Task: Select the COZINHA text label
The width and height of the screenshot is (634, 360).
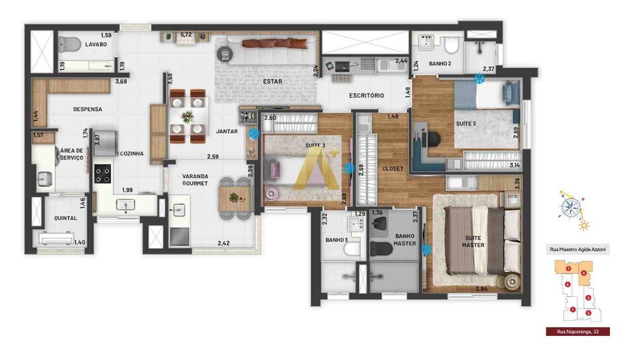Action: [131, 153]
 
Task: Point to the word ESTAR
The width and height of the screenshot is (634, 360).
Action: [273, 82]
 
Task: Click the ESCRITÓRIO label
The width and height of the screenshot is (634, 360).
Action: [366, 96]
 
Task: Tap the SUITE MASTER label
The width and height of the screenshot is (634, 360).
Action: [473, 241]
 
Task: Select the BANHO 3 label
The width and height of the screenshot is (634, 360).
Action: [335, 240]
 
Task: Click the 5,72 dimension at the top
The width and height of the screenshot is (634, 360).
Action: [186, 34]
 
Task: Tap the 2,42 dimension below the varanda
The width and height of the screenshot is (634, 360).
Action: [223, 243]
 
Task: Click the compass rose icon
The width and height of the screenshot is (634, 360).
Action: [573, 207]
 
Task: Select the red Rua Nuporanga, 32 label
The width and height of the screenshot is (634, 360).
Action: [578, 331]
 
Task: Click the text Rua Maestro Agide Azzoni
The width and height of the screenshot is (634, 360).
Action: [578, 250]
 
